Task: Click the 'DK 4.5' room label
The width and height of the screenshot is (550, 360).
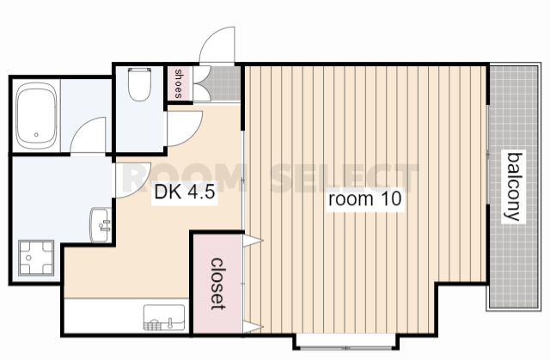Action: click(x=185, y=192)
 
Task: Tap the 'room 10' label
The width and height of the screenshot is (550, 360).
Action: click(x=364, y=199)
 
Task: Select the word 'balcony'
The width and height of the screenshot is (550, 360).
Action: click(x=513, y=186)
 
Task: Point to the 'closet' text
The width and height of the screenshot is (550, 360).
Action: click(x=217, y=284)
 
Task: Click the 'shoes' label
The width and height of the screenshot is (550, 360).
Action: click(x=179, y=84)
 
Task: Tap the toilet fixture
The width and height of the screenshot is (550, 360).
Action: click(x=139, y=84)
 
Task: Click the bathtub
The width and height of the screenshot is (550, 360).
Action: click(x=36, y=116)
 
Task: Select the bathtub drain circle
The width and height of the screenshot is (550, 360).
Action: click(x=36, y=135)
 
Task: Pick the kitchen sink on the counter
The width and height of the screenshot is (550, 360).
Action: click(x=164, y=317)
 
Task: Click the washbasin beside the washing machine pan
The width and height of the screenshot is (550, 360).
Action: click(x=101, y=225)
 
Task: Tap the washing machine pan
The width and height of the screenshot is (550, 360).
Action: click(x=36, y=258)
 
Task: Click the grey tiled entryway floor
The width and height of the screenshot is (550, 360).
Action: click(x=223, y=83)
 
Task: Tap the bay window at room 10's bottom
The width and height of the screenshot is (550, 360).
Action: click(x=346, y=342)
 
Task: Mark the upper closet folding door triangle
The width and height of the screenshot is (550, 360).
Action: click(x=252, y=241)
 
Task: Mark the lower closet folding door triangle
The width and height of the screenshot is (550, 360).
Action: click(x=252, y=327)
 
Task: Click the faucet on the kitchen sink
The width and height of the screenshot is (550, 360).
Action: click(x=170, y=322)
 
